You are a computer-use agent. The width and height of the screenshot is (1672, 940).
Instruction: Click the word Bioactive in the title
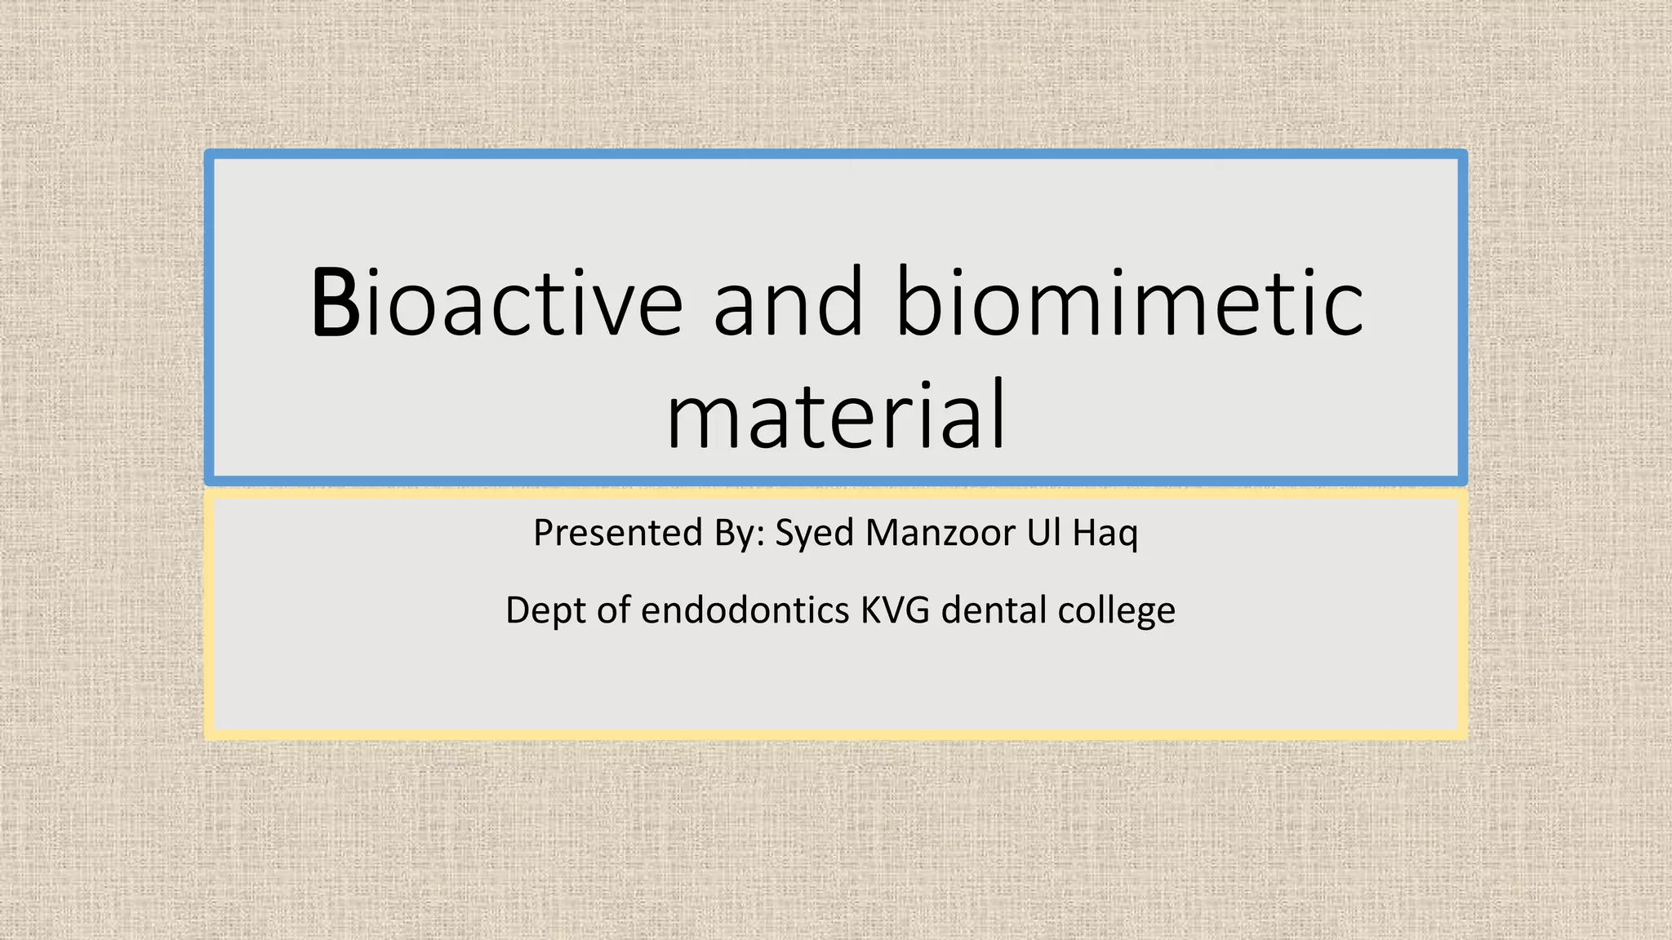pyautogui.click(x=496, y=304)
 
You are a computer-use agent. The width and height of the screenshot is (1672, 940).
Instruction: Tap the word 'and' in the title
pyautogui.click(x=788, y=304)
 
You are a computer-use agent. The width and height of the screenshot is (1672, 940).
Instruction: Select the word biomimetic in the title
pyautogui.click(x=1129, y=304)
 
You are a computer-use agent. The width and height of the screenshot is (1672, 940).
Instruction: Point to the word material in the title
pyautogui.click(x=836, y=416)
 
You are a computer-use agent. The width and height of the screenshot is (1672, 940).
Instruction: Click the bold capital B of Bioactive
pyautogui.click(x=336, y=304)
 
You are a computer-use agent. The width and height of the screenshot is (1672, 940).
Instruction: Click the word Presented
pyautogui.click(x=617, y=534)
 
